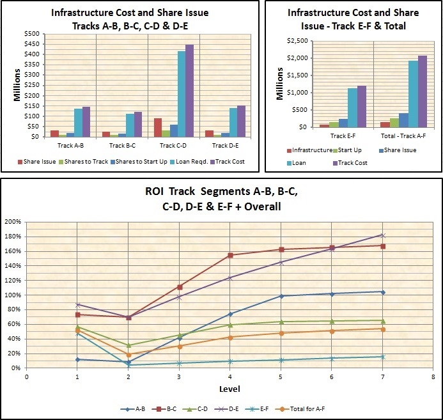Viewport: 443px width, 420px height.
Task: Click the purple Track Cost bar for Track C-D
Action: pyautogui.click(x=189, y=90)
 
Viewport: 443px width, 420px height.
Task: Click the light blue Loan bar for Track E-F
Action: pyautogui.click(x=352, y=107)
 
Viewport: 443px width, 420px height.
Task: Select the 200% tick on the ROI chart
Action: pyautogui.click(x=13, y=222)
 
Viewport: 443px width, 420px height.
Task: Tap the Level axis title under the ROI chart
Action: pyautogui.click(x=230, y=389)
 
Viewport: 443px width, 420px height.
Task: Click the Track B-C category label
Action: pyautogui.click(x=121, y=146)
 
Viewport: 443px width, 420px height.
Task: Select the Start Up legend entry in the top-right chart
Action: pyautogui.click(x=348, y=150)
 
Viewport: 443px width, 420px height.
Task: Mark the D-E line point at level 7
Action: pyautogui.click(x=383, y=235)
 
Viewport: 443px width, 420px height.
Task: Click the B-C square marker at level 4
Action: pyautogui.click(x=230, y=255)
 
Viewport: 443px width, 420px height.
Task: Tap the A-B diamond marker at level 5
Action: pyautogui.click(x=281, y=296)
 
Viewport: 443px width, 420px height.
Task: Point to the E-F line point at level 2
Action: pyautogui.click(x=128, y=365)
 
